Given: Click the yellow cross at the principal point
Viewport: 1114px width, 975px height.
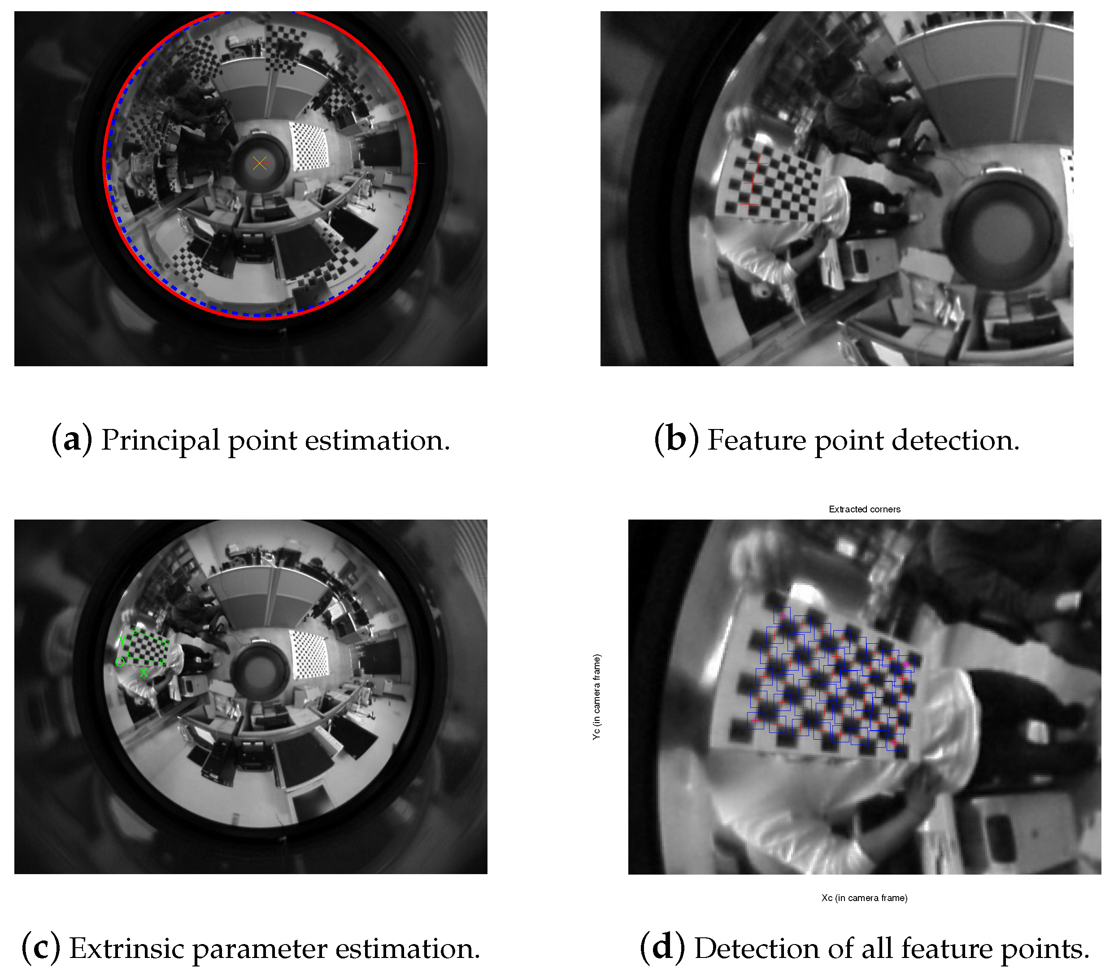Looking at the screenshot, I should tap(260, 163).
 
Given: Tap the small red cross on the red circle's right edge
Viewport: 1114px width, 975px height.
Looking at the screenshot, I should tap(416, 163).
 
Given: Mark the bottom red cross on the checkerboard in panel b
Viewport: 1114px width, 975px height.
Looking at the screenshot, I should tap(749, 204).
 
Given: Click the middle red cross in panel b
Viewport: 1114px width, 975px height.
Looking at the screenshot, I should tap(753, 183).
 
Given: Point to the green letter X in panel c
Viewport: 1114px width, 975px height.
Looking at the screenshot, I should tap(144, 673).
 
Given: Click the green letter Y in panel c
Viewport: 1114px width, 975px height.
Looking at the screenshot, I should tap(122, 639).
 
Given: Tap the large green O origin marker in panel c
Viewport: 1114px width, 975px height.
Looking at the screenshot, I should tap(119, 662).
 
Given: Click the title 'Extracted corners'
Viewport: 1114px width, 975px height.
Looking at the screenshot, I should tap(864, 509).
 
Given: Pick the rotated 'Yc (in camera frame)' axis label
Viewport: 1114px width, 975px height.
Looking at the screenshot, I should tap(597, 697).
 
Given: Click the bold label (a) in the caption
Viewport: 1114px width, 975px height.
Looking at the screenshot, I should tap(72, 440).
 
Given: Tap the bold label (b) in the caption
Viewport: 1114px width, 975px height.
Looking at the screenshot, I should tap(676, 440).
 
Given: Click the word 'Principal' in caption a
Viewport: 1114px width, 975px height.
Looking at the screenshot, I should tap(160, 440).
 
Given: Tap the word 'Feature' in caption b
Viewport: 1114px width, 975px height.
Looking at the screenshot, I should tap(757, 440).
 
